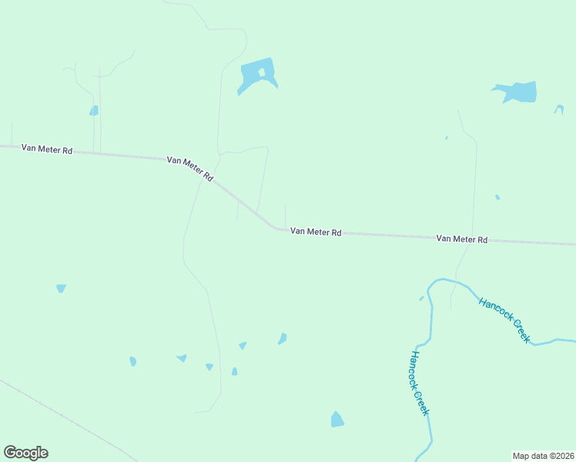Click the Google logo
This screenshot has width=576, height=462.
click(25, 453)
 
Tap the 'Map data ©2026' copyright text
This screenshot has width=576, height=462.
click(543, 455)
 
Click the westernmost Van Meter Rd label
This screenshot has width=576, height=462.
click(47, 149)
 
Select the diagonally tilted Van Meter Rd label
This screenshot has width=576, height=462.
click(190, 169)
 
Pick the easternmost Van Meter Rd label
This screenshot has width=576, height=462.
click(462, 239)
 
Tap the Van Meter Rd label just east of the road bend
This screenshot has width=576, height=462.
click(316, 232)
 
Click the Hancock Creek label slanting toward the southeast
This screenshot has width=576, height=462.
click(504, 320)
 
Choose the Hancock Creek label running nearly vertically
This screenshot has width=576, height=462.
click(419, 383)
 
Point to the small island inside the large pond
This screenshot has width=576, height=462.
click(262, 73)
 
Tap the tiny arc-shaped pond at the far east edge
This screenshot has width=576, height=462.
click(558, 109)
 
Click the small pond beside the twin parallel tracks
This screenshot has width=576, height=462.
click(94, 111)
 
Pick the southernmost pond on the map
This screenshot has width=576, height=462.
click(337, 420)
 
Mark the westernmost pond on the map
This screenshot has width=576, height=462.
click(61, 288)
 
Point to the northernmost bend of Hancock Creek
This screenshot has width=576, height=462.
click(443, 280)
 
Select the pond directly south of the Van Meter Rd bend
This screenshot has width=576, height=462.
click(283, 339)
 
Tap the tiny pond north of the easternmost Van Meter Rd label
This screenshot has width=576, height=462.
click(497, 197)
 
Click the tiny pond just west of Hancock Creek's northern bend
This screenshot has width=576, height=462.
click(421, 298)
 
